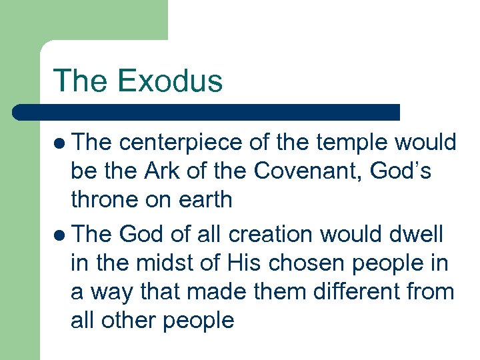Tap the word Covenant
point(299,171)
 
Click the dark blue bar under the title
point(207,112)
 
